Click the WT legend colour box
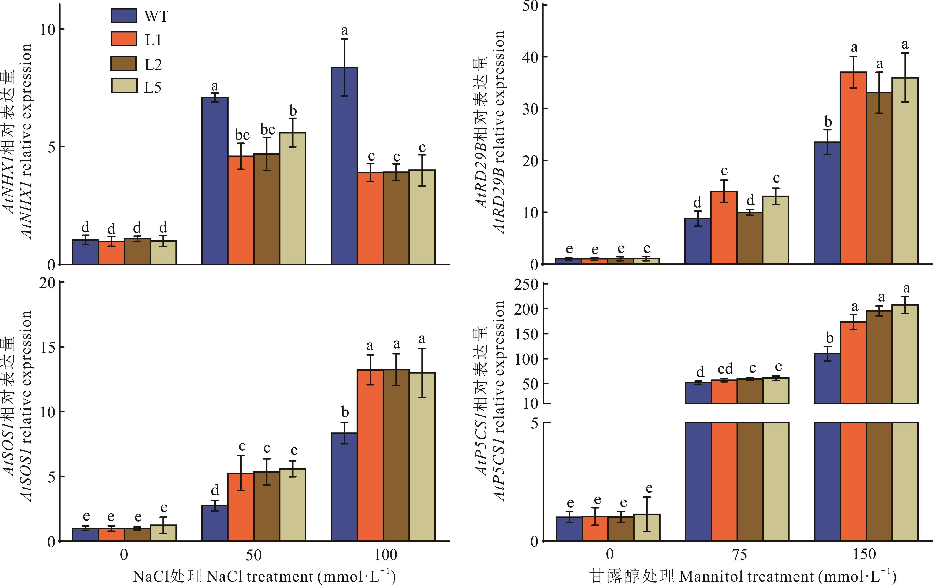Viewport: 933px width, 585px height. [124, 16]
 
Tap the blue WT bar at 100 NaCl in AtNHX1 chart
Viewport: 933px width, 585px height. [344, 166]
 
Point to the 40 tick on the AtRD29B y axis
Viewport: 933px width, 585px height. [530, 57]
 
